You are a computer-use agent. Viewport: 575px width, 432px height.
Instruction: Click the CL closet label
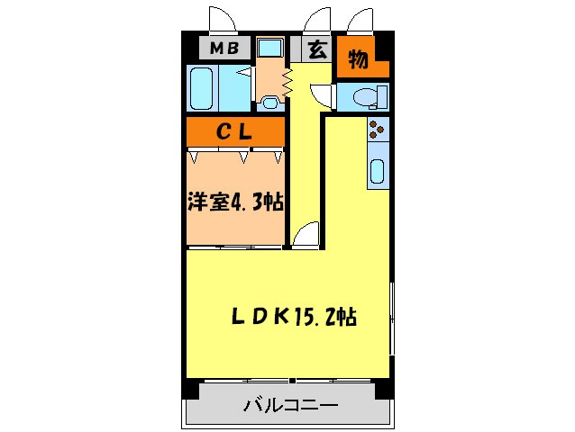[x=236, y=131]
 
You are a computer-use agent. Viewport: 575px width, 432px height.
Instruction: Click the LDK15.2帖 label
[x=294, y=317]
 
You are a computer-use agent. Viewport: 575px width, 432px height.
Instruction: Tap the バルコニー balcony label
[x=290, y=407]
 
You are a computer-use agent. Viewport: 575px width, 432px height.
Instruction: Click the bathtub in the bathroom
[x=205, y=86]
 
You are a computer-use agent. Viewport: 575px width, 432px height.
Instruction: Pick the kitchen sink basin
[x=379, y=170]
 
